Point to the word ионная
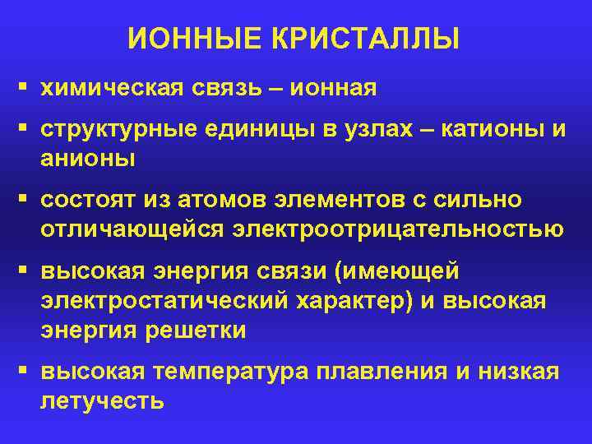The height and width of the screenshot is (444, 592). coord(334,87)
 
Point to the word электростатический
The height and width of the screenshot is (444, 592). coord(164,301)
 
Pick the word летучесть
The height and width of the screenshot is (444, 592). coord(102,400)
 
